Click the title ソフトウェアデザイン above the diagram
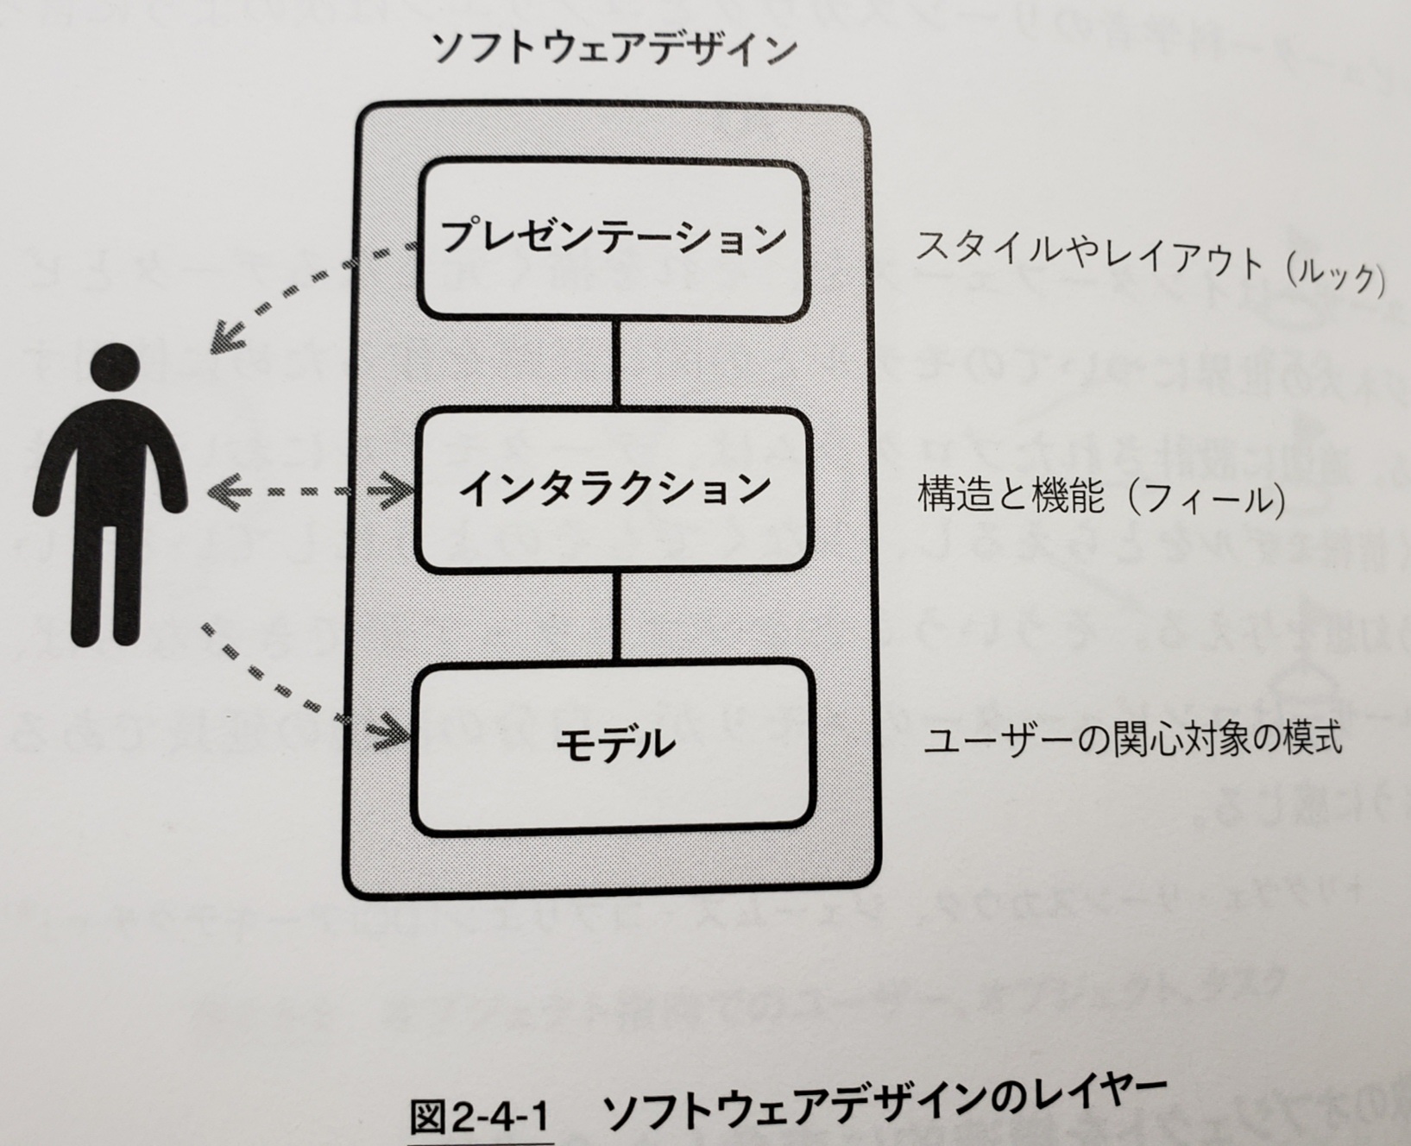pyautogui.click(x=614, y=49)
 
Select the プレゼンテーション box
pyautogui.click(x=614, y=238)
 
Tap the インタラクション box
pyautogui.click(x=614, y=489)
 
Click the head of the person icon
pyautogui.click(x=114, y=368)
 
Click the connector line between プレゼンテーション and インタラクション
pyautogui.click(x=615, y=362)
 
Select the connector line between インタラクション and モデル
pyautogui.click(x=616, y=614)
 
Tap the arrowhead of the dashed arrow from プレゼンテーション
pyautogui.click(x=226, y=337)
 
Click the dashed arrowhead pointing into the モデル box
pyautogui.click(x=394, y=733)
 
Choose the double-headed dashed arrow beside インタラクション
pyautogui.click(x=311, y=492)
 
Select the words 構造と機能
pyautogui.click(x=1011, y=497)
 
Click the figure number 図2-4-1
pyautogui.click(x=480, y=1118)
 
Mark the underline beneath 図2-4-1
pyautogui.click(x=480, y=1142)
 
